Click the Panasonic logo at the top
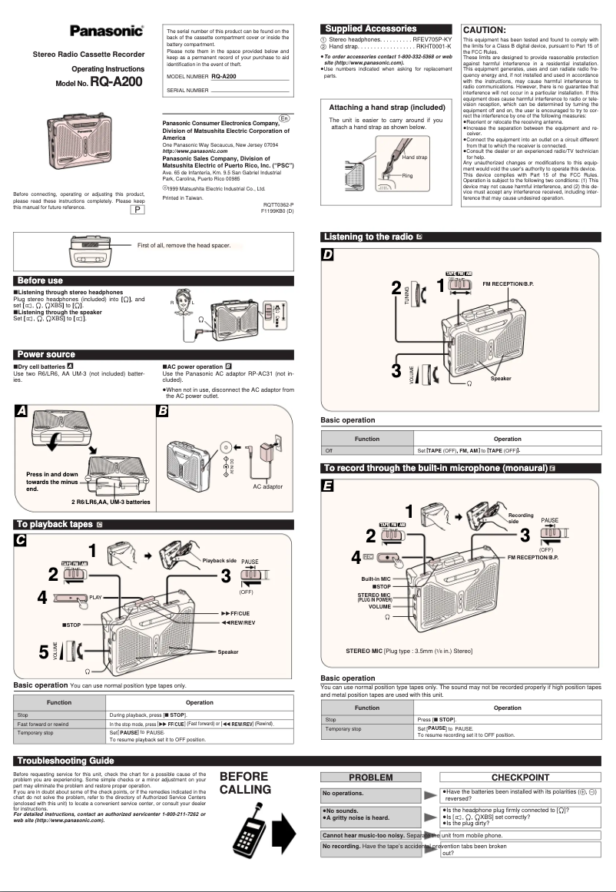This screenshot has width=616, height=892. (107, 32)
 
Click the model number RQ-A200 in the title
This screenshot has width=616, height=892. (115, 81)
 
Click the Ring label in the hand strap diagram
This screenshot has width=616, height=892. (407, 177)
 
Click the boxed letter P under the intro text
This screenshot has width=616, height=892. (137, 211)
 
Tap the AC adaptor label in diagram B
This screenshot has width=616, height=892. (268, 486)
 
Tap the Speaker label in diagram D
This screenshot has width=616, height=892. (501, 379)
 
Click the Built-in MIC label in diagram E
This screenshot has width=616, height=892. (377, 578)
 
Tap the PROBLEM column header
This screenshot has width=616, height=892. (371, 777)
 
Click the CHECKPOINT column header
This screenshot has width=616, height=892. (519, 777)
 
